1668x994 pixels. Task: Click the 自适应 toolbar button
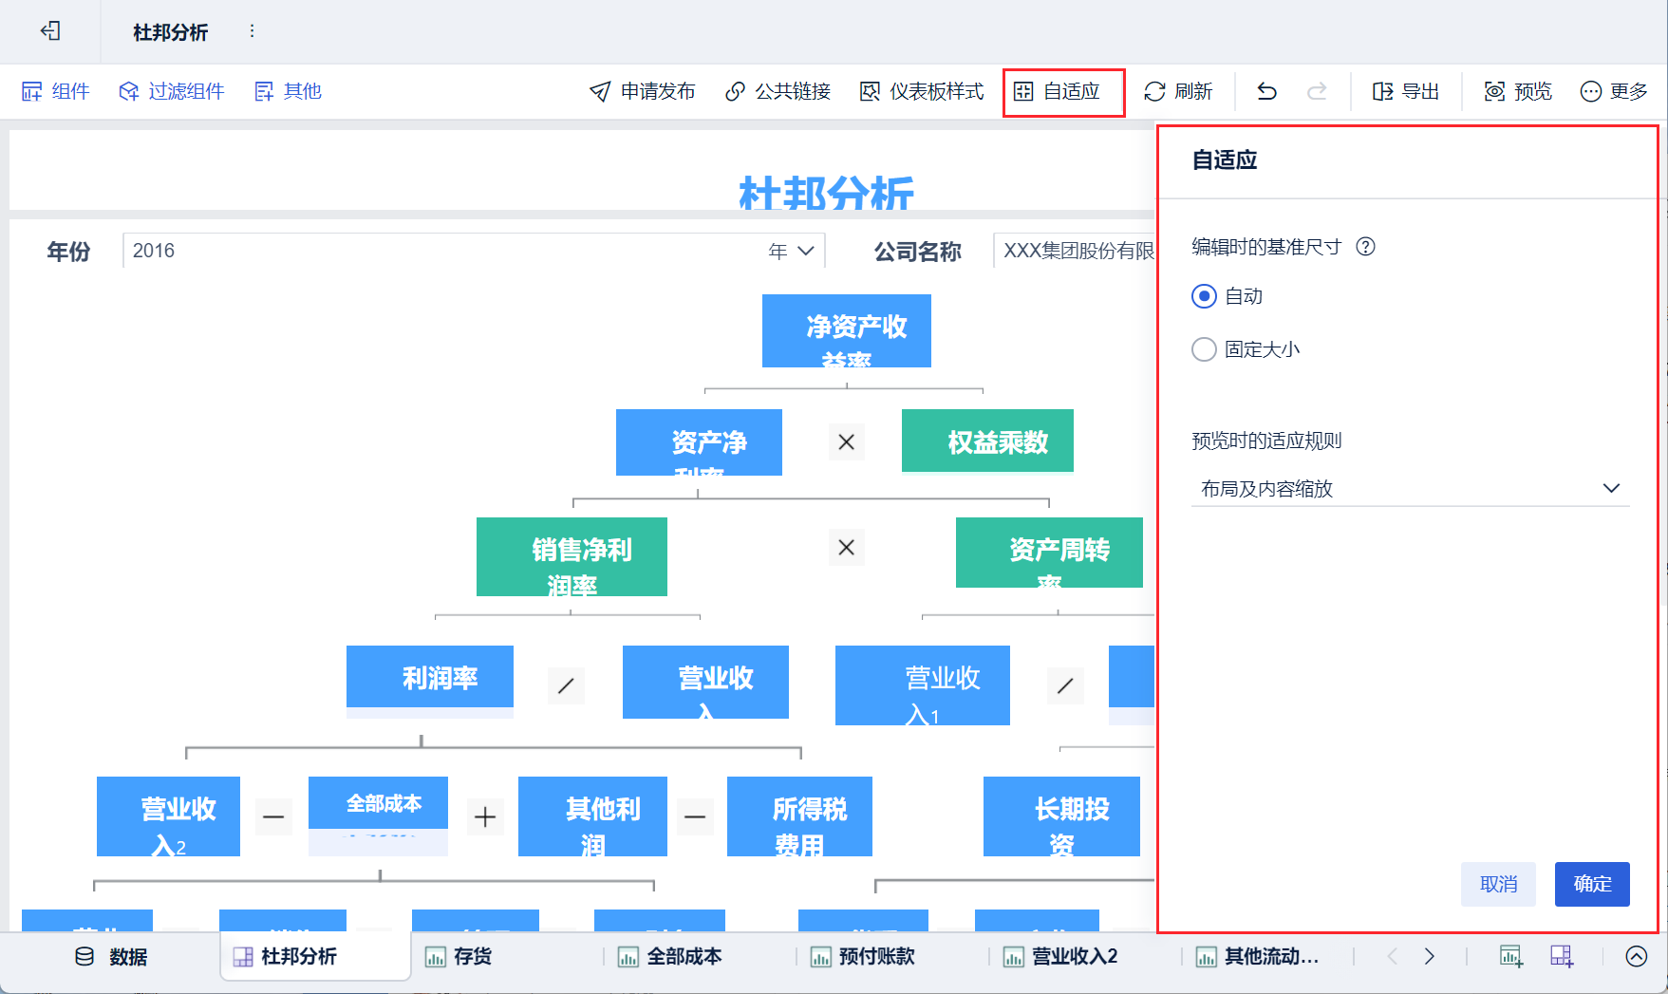click(1058, 92)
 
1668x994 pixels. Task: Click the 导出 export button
click(1406, 92)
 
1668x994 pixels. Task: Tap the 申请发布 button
click(643, 92)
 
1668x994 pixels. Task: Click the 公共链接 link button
click(778, 92)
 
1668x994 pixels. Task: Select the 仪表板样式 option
click(922, 92)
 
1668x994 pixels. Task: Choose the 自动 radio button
click(1204, 296)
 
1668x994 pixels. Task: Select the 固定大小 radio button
click(1204, 349)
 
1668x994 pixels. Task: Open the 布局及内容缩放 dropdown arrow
click(1611, 488)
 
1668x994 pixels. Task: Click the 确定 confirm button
click(1592, 884)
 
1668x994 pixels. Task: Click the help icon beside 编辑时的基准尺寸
click(1365, 247)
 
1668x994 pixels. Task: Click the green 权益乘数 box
click(987, 441)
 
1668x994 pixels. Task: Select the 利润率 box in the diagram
click(430, 677)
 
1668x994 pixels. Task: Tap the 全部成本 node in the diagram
click(378, 803)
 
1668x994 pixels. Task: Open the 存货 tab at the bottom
click(459, 956)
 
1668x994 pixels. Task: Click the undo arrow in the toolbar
click(1266, 92)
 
